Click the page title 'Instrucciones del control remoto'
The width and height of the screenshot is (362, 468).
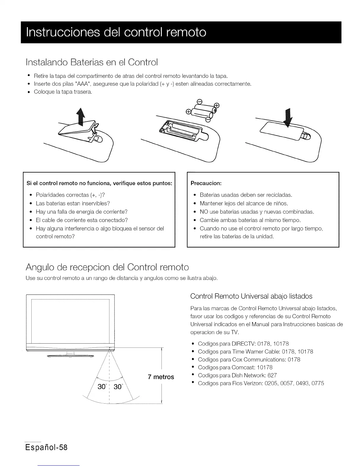coord(116,32)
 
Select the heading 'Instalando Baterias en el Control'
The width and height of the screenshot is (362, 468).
coord(92,63)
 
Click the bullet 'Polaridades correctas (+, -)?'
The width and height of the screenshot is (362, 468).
coord(70,195)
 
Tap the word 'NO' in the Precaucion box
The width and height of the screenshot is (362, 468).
coord(204,212)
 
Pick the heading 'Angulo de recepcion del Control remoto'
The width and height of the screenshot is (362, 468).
coord(107,267)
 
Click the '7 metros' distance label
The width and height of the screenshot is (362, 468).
coord(161,377)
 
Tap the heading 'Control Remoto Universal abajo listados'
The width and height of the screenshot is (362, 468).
coord(251,296)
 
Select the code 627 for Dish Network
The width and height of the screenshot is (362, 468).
coord(272,376)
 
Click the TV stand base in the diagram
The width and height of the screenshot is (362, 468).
coord(70,356)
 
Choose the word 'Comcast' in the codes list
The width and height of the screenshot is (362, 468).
coord(244,368)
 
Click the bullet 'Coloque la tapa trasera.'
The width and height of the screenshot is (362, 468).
coord(63,92)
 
